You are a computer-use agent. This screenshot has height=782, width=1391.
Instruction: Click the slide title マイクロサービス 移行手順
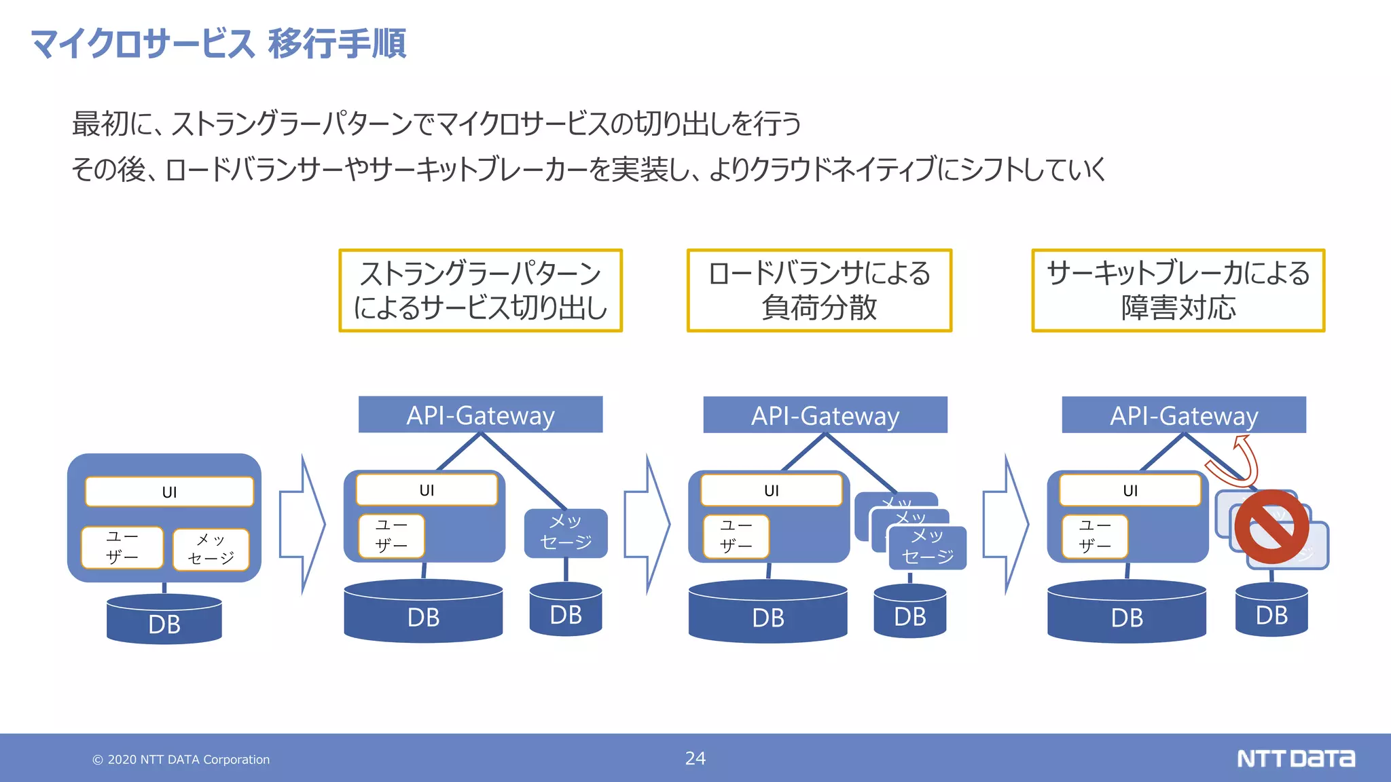click(x=218, y=43)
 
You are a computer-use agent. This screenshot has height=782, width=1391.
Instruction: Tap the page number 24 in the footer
click(x=695, y=758)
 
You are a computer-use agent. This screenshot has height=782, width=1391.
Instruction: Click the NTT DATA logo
click(x=1295, y=758)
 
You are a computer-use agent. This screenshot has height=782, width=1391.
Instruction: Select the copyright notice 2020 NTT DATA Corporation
click(x=181, y=760)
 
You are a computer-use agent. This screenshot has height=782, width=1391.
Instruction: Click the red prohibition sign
click(x=1271, y=527)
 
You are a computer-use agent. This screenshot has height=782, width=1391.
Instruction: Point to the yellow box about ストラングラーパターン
click(x=480, y=291)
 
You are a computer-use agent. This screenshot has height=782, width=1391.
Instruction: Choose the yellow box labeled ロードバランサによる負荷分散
click(x=819, y=291)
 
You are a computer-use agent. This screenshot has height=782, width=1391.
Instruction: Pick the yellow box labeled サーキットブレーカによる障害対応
click(x=1178, y=291)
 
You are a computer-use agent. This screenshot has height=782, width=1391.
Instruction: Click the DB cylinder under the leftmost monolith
click(x=164, y=619)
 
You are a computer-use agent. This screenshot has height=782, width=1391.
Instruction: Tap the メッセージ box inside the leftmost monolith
click(x=211, y=549)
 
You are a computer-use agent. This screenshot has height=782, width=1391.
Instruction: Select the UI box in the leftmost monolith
click(x=169, y=492)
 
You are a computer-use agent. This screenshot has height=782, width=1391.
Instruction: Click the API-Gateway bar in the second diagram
click(x=480, y=415)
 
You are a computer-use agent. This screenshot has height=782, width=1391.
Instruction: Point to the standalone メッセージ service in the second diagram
click(x=566, y=533)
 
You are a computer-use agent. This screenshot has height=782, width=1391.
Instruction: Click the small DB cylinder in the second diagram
click(x=566, y=610)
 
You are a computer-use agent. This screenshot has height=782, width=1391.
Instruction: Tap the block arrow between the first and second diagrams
click(x=303, y=524)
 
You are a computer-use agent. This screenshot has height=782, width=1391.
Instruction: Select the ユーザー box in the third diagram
click(x=736, y=536)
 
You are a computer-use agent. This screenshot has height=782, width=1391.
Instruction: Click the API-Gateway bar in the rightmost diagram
click(x=1184, y=415)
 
